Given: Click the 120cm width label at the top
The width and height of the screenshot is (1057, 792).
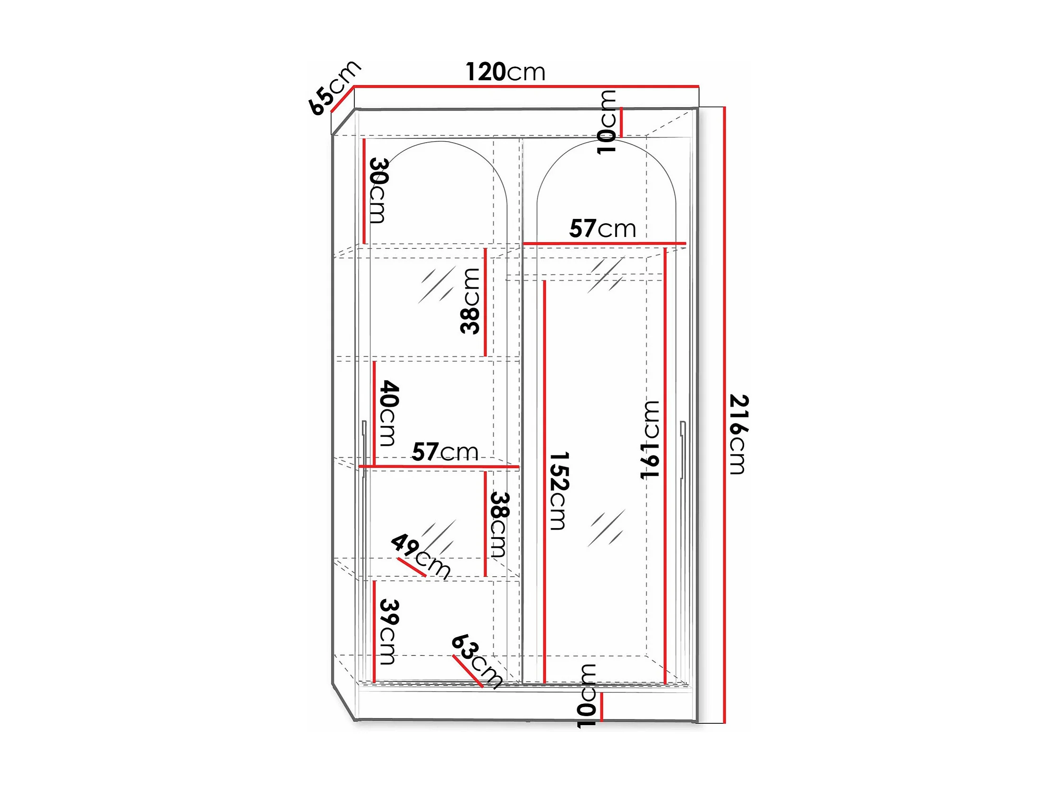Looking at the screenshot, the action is [505, 72].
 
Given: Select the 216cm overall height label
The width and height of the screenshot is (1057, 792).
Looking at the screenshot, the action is [738, 434].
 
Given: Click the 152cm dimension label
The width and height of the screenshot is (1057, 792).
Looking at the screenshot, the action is [558, 491].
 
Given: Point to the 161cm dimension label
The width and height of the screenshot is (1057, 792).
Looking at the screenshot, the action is [650, 439].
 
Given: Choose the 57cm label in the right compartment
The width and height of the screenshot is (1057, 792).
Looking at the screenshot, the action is [603, 229].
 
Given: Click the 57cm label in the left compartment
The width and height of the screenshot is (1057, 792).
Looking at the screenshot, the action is [445, 452].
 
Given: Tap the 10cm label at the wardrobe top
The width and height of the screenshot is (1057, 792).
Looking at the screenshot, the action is [607, 122].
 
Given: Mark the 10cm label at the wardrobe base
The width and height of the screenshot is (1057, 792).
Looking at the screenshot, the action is [587, 695].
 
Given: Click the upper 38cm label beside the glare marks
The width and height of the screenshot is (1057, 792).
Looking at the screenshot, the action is [470, 300].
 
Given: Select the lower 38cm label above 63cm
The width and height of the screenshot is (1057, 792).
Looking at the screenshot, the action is [500, 525].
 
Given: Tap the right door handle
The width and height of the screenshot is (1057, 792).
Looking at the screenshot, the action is [683, 449].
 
